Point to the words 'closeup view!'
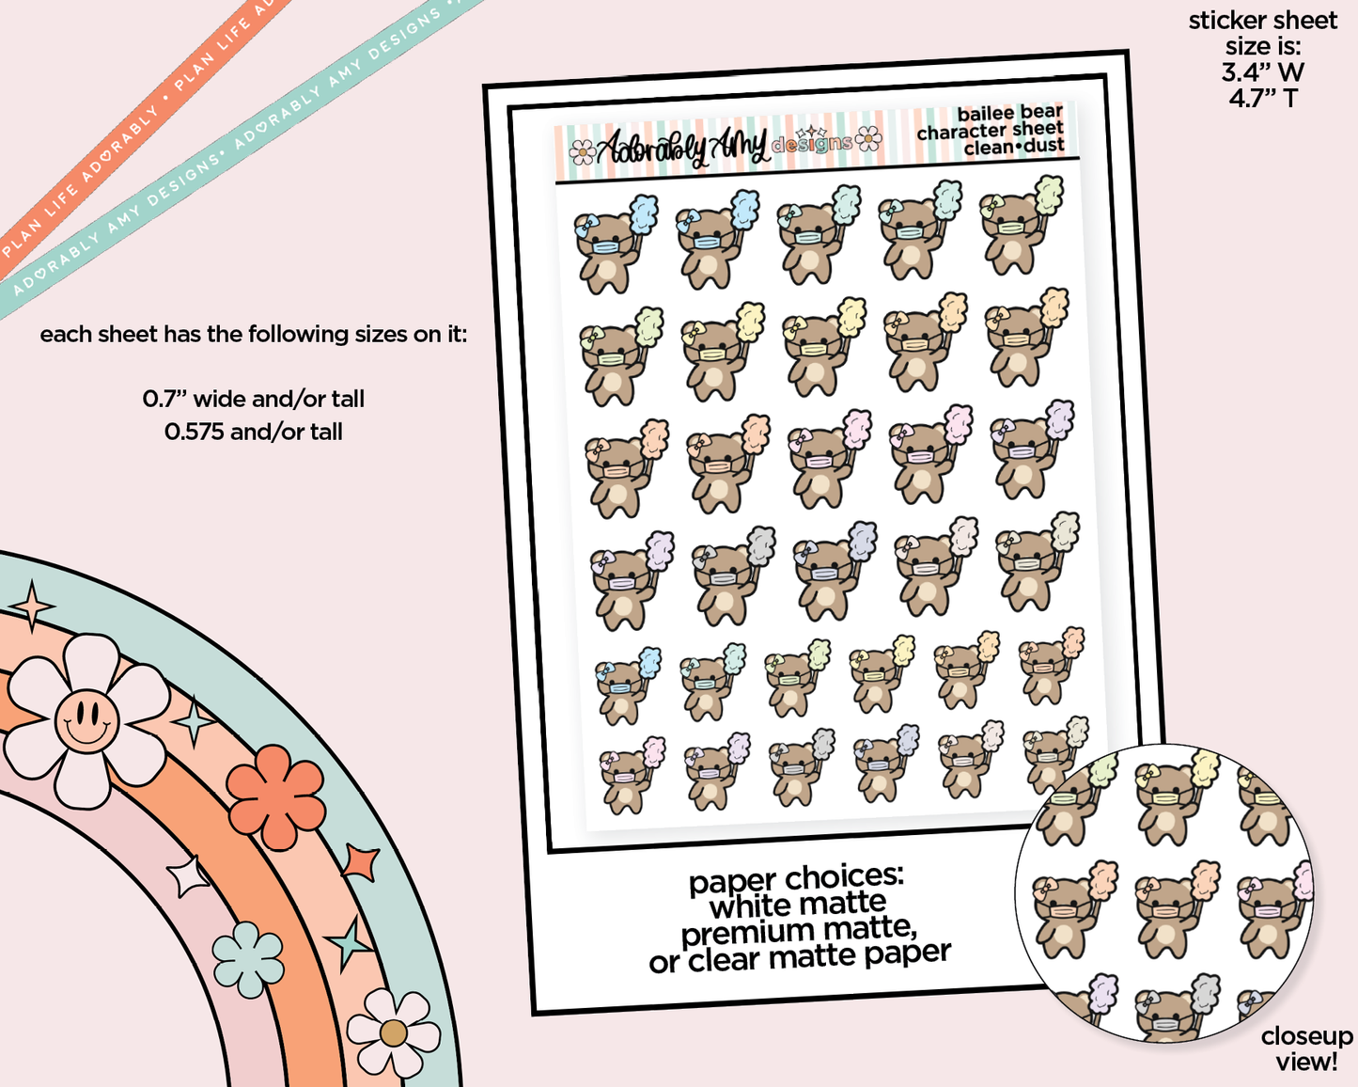pyautogui.click(x=1306, y=1048)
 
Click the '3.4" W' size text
pyautogui.click(x=1262, y=71)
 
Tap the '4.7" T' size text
pyautogui.click(x=1262, y=97)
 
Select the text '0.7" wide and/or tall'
pyautogui.click(x=254, y=399)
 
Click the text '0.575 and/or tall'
pyautogui.click(x=254, y=432)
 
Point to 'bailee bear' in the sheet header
pyautogui.click(x=1009, y=113)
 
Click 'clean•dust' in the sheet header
pyautogui.click(x=1014, y=147)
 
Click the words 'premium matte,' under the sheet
pyautogui.click(x=799, y=931)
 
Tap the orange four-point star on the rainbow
pyautogui.click(x=362, y=862)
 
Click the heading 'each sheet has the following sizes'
pyautogui.click(x=254, y=334)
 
